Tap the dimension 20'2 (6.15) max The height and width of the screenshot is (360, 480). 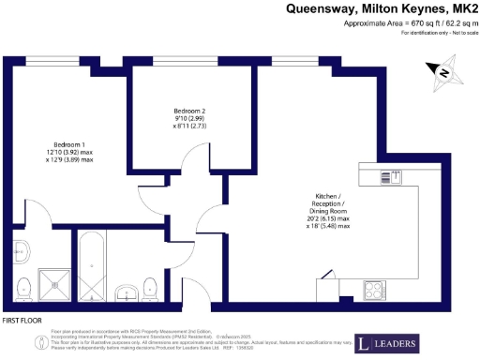(x=331, y=219)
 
